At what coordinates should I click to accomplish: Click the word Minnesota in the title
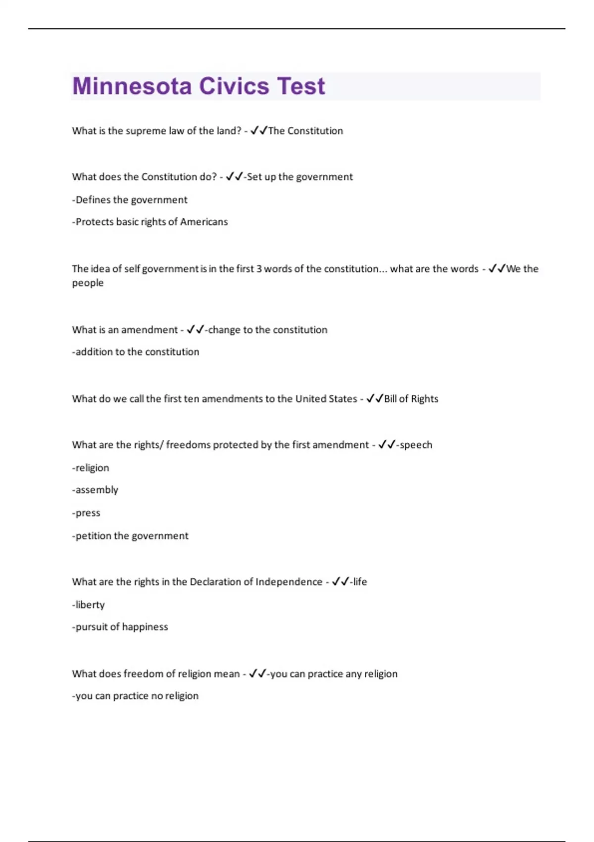tap(132, 86)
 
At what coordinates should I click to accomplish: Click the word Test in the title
tap(301, 86)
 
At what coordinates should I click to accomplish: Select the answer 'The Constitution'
tap(305, 131)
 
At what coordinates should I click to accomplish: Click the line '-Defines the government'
tap(130, 200)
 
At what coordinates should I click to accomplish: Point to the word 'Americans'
tap(204, 222)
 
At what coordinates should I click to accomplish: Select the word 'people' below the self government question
tap(88, 283)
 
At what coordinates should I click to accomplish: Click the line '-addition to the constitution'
tap(136, 352)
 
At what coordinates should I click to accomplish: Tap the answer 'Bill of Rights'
tap(411, 399)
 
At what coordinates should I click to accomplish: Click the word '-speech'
tap(414, 445)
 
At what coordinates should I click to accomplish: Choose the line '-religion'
tap(91, 468)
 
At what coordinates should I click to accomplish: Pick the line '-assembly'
tap(95, 490)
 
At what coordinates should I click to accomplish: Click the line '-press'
tap(86, 513)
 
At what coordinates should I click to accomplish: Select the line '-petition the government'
tap(130, 536)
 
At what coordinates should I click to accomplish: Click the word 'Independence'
tap(289, 582)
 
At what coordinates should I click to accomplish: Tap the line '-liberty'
tap(89, 605)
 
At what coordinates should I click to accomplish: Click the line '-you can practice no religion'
tap(135, 696)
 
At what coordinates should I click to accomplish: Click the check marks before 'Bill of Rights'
tap(375, 399)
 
